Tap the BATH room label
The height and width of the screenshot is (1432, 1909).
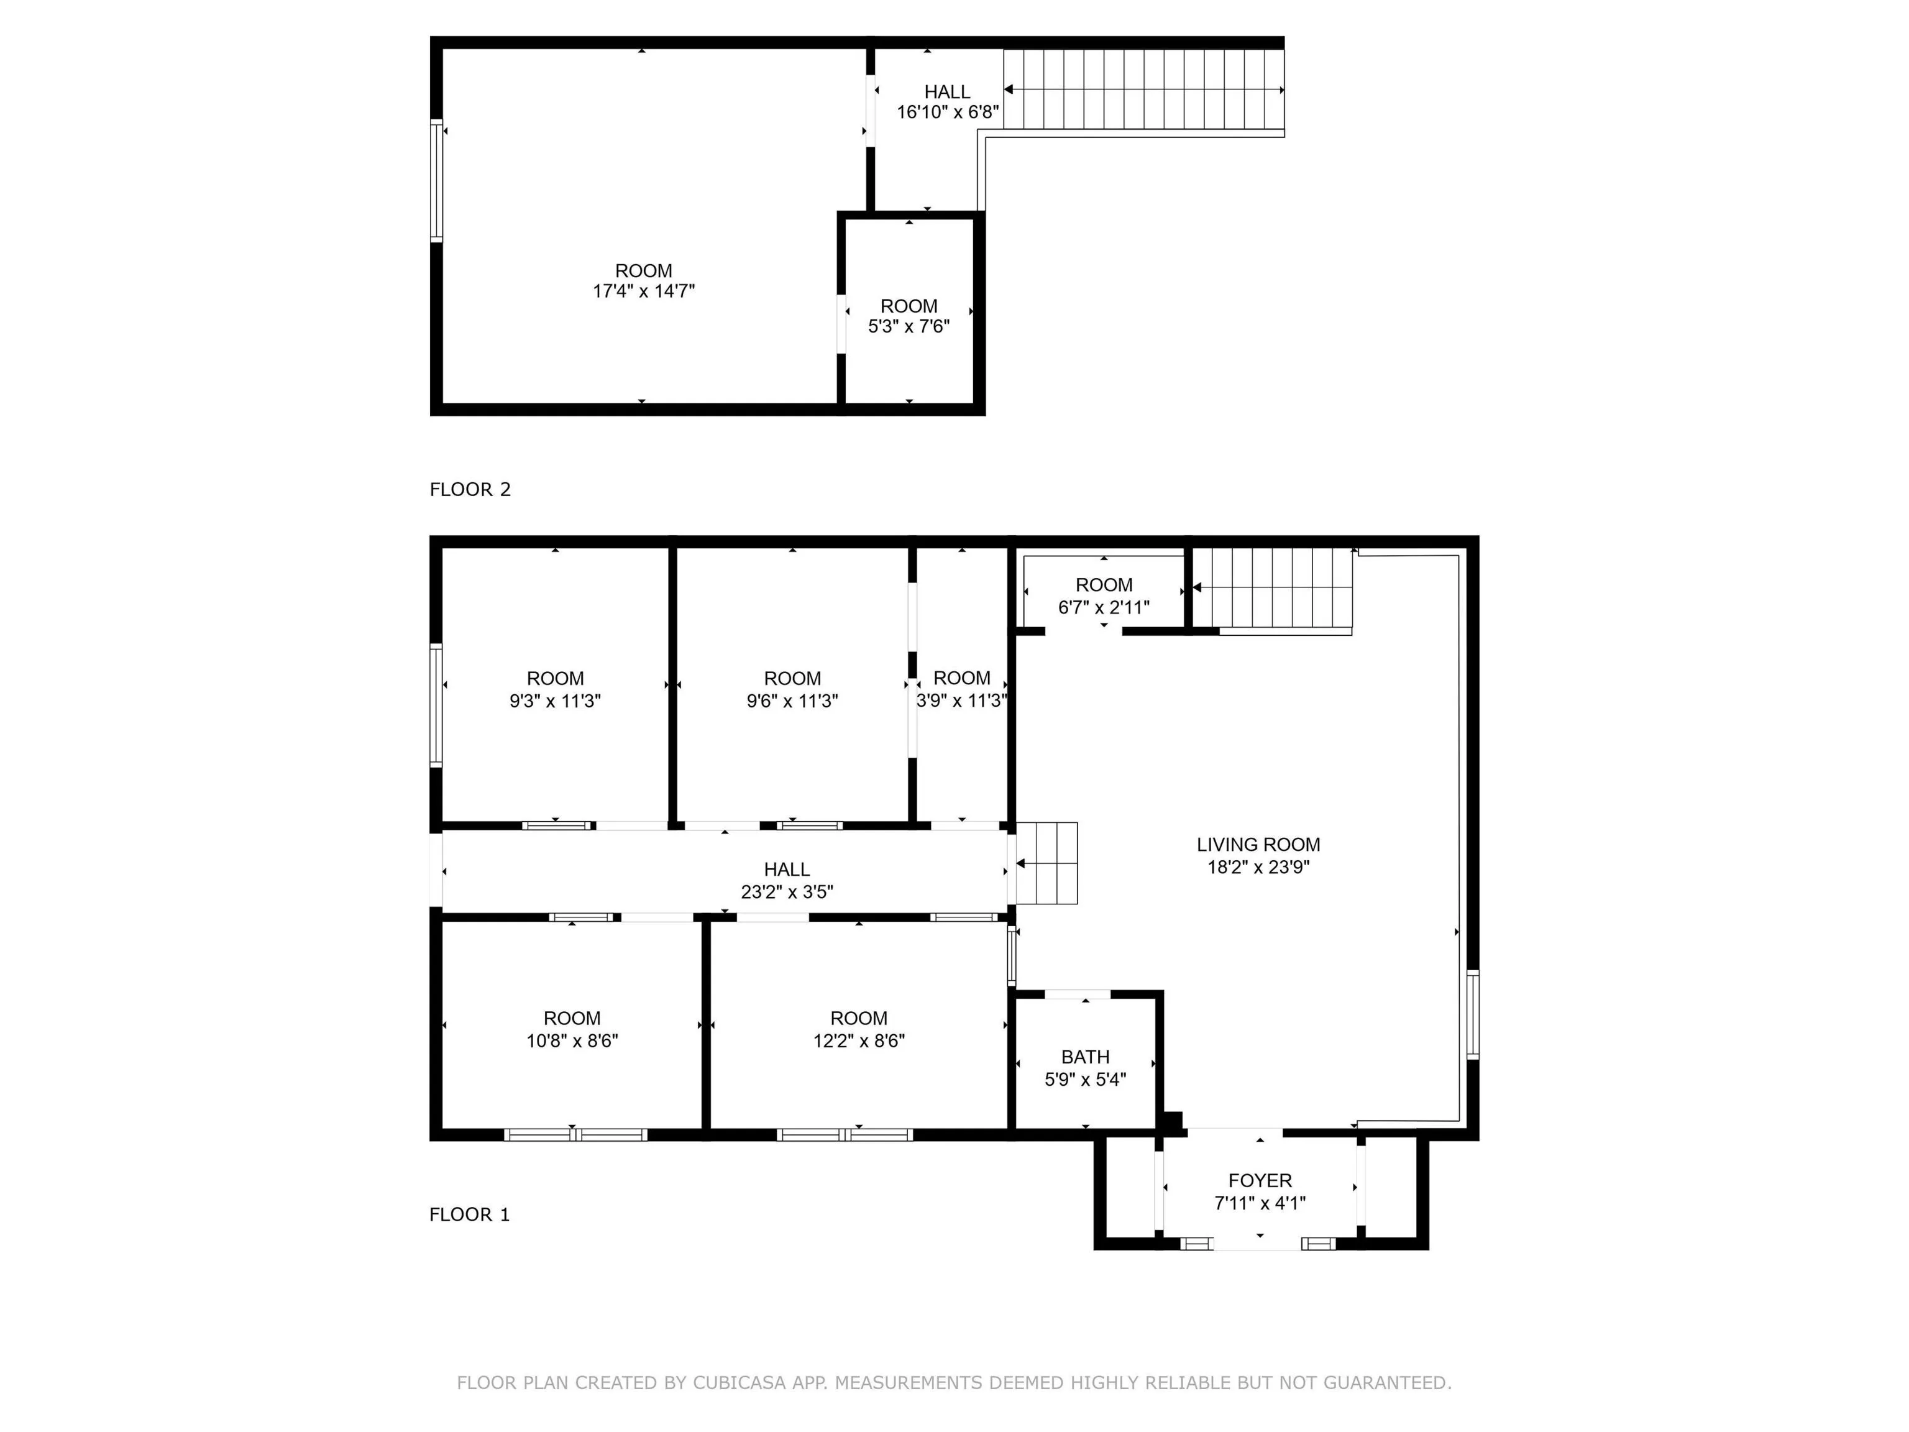1086,1057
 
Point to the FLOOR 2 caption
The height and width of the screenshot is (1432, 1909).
470,489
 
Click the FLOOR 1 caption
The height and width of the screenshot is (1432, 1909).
470,1214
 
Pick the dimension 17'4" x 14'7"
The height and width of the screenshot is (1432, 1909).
644,291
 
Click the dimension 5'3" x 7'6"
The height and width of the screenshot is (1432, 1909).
909,326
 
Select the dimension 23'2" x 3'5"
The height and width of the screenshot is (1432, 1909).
787,892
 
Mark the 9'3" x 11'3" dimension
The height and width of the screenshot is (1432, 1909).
555,701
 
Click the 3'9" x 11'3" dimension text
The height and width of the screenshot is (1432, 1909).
961,701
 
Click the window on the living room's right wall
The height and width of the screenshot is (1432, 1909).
1473,1014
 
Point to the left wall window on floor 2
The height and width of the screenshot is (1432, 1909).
437,180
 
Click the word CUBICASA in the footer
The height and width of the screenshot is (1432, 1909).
739,1383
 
